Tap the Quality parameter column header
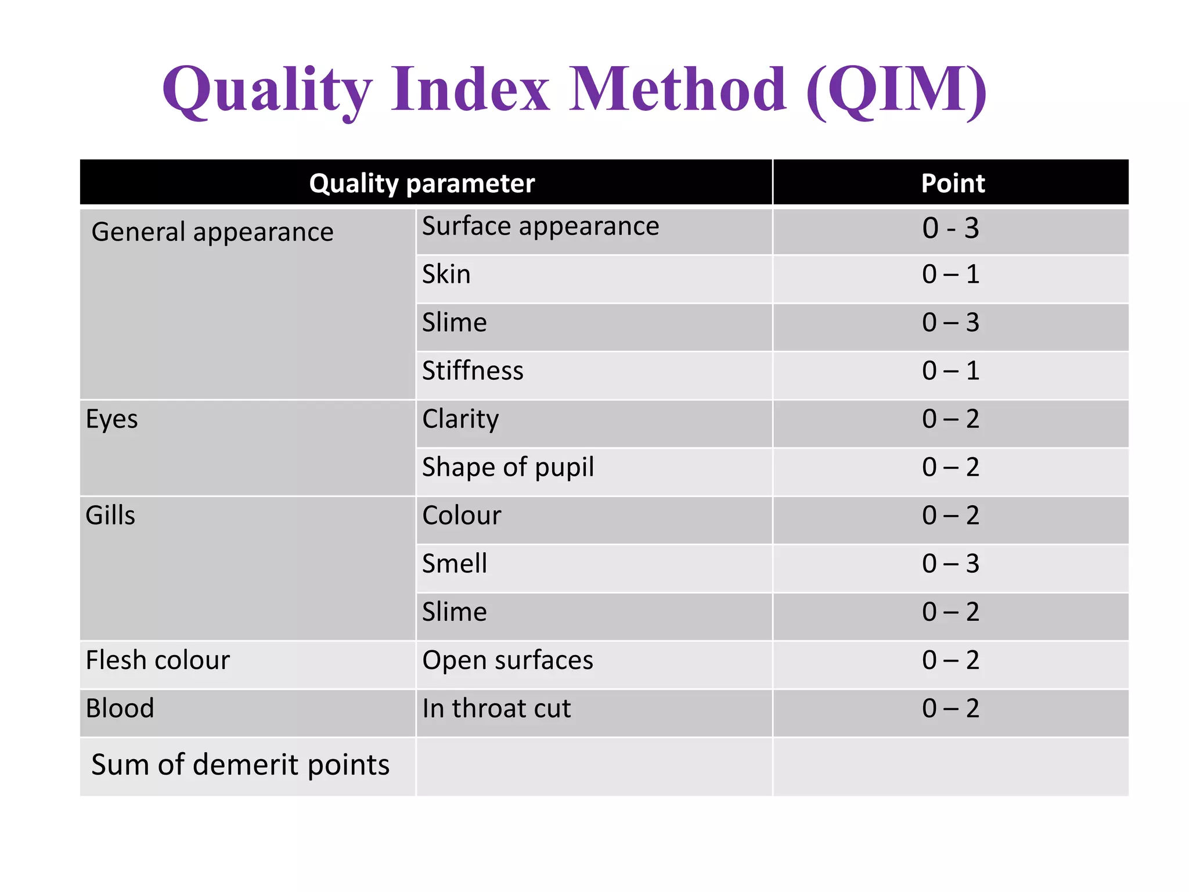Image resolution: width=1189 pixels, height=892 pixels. click(x=421, y=184)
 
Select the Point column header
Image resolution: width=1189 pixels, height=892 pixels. click(x=952, y=184)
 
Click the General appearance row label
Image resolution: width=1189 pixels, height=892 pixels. click(x=212, y=232)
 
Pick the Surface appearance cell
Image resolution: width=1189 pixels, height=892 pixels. click(x=540, y=226)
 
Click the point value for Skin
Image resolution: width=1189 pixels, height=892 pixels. click(x=950, y=274)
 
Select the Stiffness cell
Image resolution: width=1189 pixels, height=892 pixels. click(x=473, y=371)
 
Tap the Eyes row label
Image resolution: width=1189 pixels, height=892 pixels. click(x=111, y=419)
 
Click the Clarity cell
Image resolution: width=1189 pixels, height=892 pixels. click(x=460, y=419)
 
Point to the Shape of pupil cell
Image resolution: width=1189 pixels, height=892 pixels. click(x=508, y=467)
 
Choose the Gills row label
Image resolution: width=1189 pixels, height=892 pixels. click(x=110, y=515)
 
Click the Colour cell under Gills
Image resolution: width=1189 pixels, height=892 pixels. click(x=462, y=515)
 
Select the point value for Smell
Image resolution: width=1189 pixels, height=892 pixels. click(x=950, y=563)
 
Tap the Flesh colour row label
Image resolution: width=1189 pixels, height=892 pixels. click(x=157, y=660)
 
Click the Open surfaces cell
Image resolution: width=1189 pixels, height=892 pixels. click(x=507, y=660)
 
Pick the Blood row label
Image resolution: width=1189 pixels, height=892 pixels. click(x=120, y=708)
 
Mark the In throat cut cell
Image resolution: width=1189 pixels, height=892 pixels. click(x=496, y=708)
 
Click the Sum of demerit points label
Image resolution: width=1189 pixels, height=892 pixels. click(x=240, y=765)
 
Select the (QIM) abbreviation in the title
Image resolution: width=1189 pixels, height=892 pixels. click(x=896, y=90)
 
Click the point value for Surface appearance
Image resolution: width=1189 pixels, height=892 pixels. click(x=950, y=228)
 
